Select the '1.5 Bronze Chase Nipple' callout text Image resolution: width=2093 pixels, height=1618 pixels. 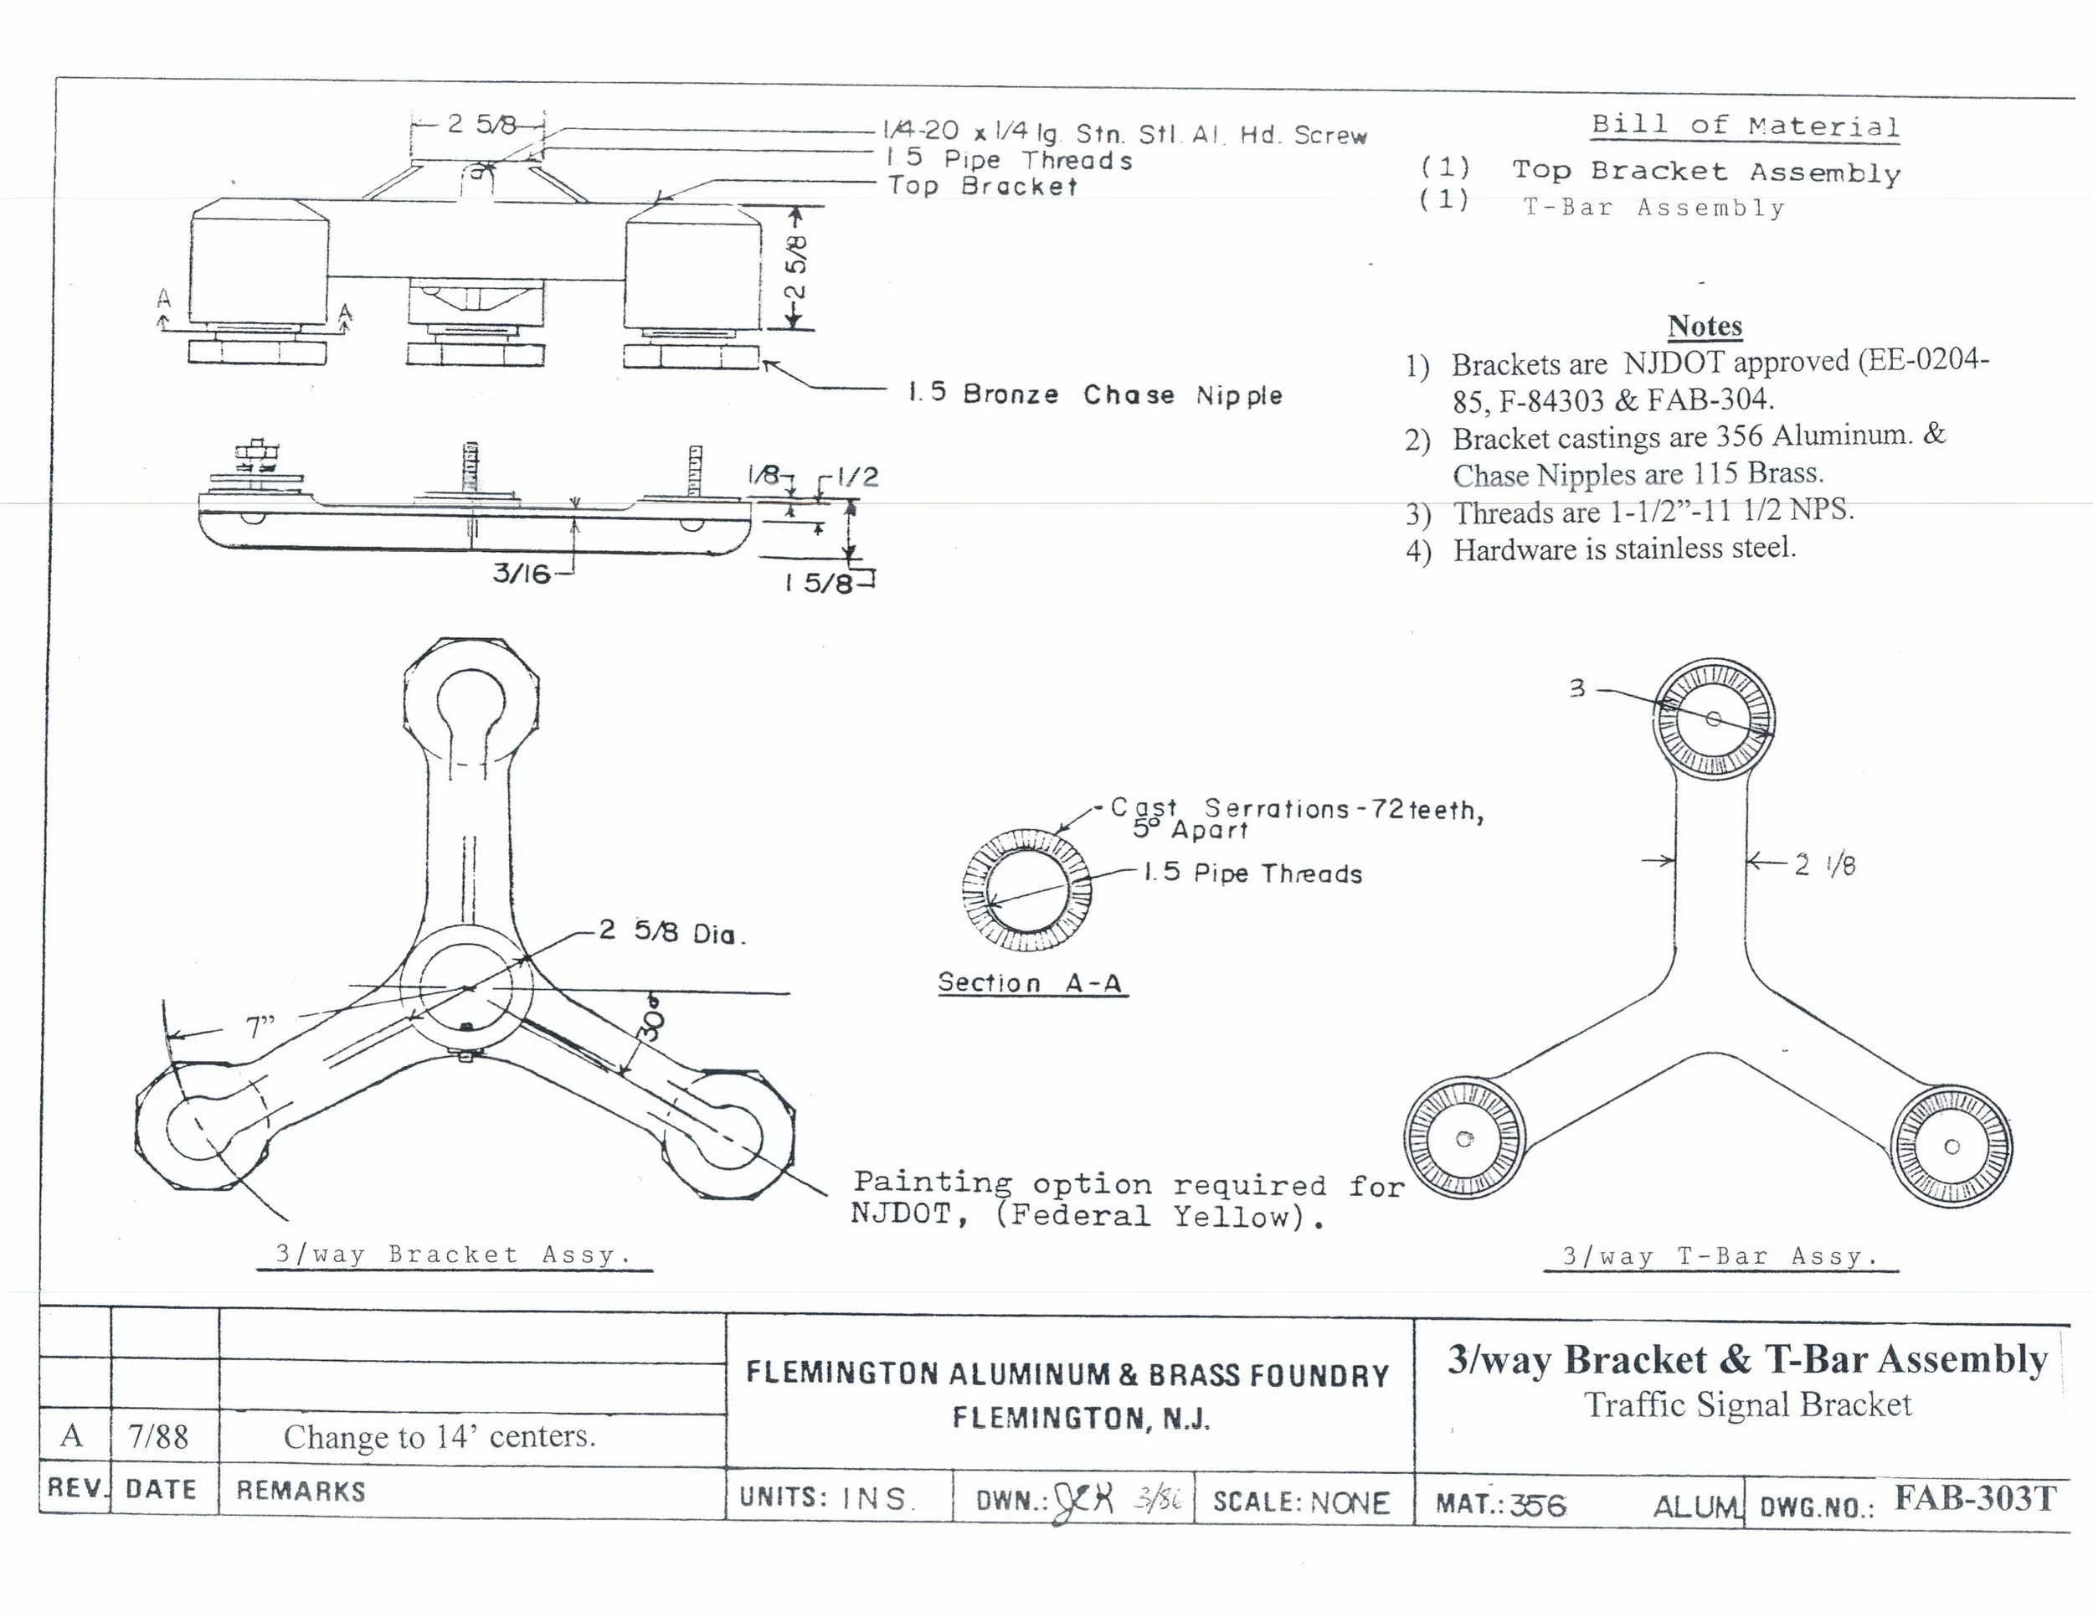[1094, 394]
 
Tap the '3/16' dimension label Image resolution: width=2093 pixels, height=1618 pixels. [522, 573]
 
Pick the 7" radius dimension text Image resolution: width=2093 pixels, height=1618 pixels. [260, 1028]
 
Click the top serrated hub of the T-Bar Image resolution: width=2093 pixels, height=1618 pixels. [1714, 719]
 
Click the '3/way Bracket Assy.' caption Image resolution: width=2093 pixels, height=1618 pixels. [453, 1254]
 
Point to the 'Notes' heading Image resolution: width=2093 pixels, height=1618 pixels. [1704, 326]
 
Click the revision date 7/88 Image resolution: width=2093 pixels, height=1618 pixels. [158, 1436]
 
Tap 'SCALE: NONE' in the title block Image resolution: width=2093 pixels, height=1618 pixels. [1300, 1501]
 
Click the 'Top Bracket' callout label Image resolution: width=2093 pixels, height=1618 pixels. [981, 186]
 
